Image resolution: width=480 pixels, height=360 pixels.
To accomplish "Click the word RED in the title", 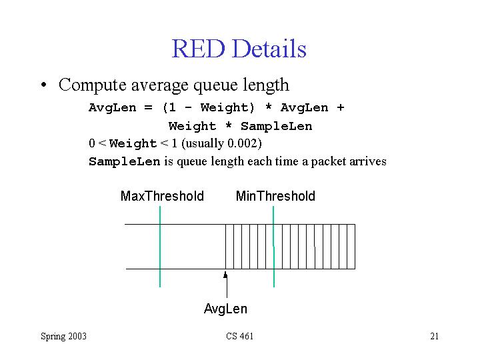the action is pyautogui.click(x=199, y=49).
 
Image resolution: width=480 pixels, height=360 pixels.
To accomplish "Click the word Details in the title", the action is pyautogui.click(x=269, y=49).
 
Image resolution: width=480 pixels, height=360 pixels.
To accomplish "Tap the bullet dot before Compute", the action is pyautogui.click(x=44, y=85).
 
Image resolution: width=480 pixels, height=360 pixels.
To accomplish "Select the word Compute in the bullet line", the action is pyautogui.click(x=93, y=85).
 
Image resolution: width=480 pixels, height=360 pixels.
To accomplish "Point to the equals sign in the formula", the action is pyautogui.click(x=148, y=108).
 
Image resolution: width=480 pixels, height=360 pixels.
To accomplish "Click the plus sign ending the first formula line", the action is pyautogui.click(x=340, y=107).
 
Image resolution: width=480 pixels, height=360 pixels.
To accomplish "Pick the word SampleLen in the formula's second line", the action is pyautogui.click(x=277, y=126).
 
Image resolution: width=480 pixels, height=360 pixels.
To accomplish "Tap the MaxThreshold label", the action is pyautogui.click(x=162, y=196).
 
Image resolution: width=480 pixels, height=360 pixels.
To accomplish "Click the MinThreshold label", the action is pyautogui.click(x=275, y=196).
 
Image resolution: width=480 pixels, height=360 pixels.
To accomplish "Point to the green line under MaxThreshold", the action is pyautogui.click(x=160, y=247).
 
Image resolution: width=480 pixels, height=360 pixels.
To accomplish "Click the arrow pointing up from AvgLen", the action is pyautogui.click(x=226, y=285).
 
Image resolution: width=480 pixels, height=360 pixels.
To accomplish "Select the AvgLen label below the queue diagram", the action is pyautogui.click(x=225, y=309).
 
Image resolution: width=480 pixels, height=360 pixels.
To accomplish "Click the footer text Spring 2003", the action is pyautogui.click(x=64, y=337).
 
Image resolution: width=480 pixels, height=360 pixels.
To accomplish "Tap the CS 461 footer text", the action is pyautogui.click(x=240, y=336).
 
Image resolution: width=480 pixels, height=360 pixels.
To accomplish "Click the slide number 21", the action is pyautogui.click(x=435, y=336).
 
